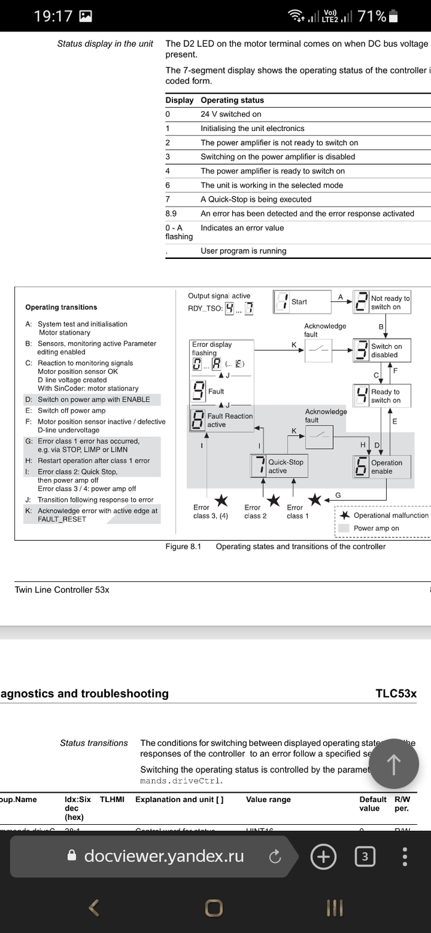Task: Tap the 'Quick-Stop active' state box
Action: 277,466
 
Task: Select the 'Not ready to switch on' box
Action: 382,303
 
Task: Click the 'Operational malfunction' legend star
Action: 345,515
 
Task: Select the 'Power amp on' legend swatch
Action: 344,528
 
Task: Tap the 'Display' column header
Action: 179,100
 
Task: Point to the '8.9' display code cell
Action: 171,213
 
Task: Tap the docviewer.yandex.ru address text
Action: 164,856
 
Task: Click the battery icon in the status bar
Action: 395,17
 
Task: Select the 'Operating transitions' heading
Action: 61,307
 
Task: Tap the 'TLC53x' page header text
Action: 396,693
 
